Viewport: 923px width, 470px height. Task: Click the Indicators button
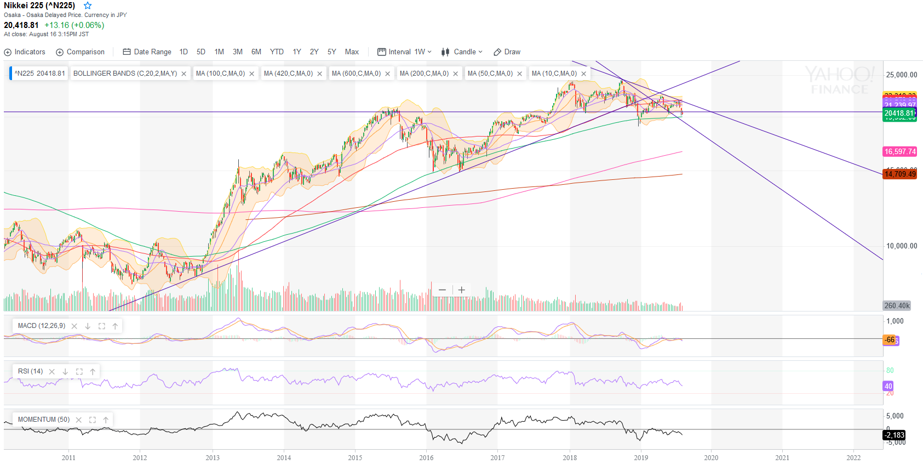pyautogui.click(x=25, y=52)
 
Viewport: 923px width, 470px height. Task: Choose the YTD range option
pyautogui.click(x=277, y=52)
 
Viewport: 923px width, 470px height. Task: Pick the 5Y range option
pyautogui.click(x=331, y=52)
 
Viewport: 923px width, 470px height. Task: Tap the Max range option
pyautogui.click(x=352, y=52)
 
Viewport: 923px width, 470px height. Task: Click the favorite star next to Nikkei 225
pyautogui.click(x=88, y=5)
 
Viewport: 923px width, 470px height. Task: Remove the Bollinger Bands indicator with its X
pyautogui.click(x=184, y=74)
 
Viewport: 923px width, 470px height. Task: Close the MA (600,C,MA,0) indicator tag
pyautogui.click(x=388, y=74)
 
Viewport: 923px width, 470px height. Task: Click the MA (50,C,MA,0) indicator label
pyautogui.click(x=490, y=73)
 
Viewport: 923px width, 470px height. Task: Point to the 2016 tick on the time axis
pyautogui.click(x=426, y=458)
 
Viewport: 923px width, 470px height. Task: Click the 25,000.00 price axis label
pyautogui.click(x=901, y=75)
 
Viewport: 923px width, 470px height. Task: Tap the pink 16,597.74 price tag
pyautogui.click(x=899, y=152)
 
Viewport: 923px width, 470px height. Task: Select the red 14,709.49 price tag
pyautogui.click(x=899, y=174)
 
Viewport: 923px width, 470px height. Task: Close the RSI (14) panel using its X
pyautogui.click(x=52, y=372)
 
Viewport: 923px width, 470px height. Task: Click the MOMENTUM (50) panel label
pyautogui.click(x=44, y=420)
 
